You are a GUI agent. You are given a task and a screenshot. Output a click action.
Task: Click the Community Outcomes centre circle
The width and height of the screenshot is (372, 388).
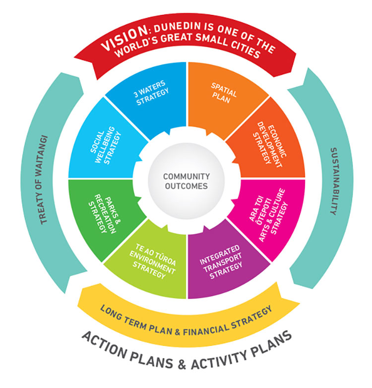coord(186,181)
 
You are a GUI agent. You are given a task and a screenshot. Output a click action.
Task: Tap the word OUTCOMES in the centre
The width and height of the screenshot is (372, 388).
coord(186,186)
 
